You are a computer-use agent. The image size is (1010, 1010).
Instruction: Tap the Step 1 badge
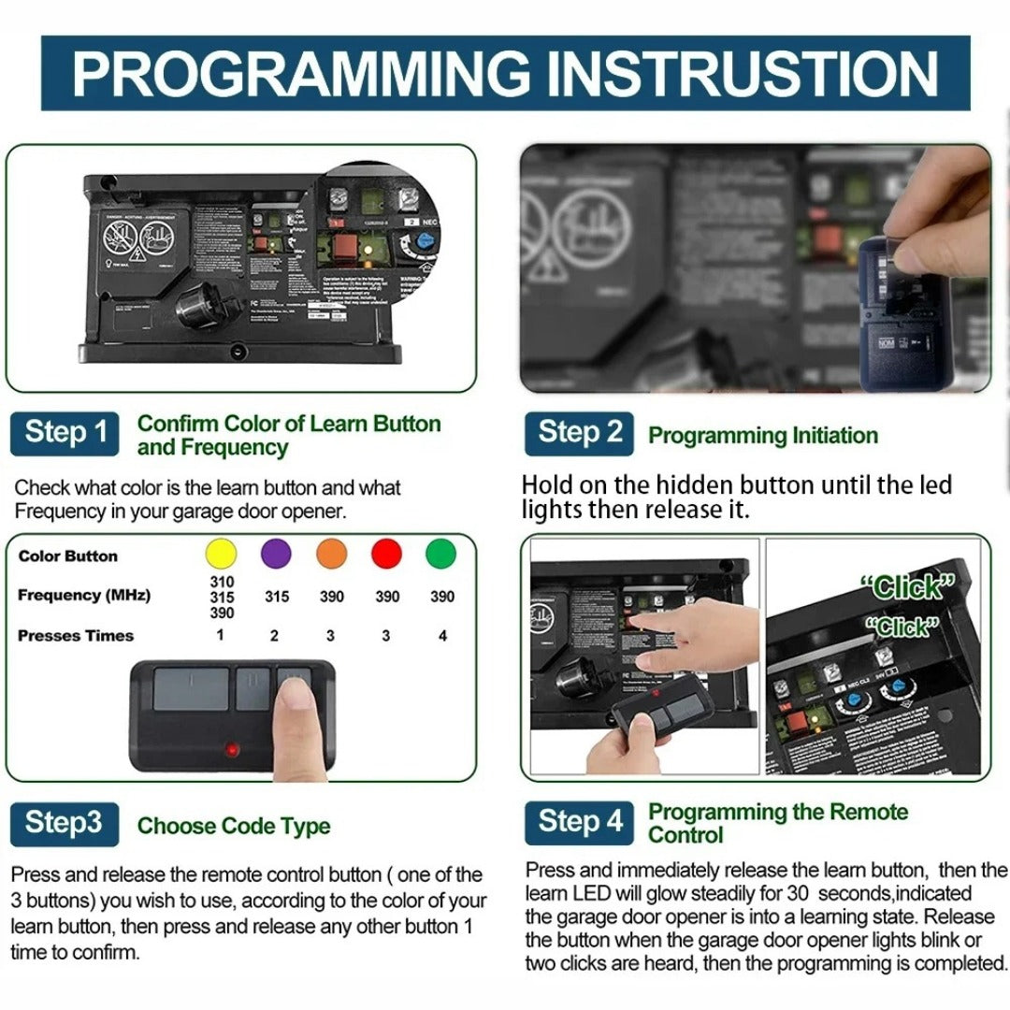point(65,433)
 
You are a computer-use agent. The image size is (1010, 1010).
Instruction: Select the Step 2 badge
point(579,433)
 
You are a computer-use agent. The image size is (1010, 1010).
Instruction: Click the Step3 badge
point(65,823)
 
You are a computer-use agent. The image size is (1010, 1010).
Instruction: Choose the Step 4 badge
point(579,822)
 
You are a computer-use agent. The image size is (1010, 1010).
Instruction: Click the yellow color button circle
point(221,554)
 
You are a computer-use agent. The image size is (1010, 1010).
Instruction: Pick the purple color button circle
point(276,554)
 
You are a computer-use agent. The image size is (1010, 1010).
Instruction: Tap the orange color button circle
point(331,554)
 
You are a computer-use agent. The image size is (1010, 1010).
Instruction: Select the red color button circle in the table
point(386,554)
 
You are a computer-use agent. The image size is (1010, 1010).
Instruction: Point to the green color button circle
point(441,554)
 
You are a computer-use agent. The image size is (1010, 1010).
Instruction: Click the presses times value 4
point(442,636)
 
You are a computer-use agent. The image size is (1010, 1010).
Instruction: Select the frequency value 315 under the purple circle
point(276,597)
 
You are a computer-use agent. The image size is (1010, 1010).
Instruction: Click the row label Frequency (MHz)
point(84,595)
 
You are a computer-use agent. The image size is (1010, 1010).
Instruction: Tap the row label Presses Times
point(76,636)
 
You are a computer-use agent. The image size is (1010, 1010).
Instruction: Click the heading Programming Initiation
point(763,436)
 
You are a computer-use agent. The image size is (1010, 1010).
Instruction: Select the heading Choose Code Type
point(234,826)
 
